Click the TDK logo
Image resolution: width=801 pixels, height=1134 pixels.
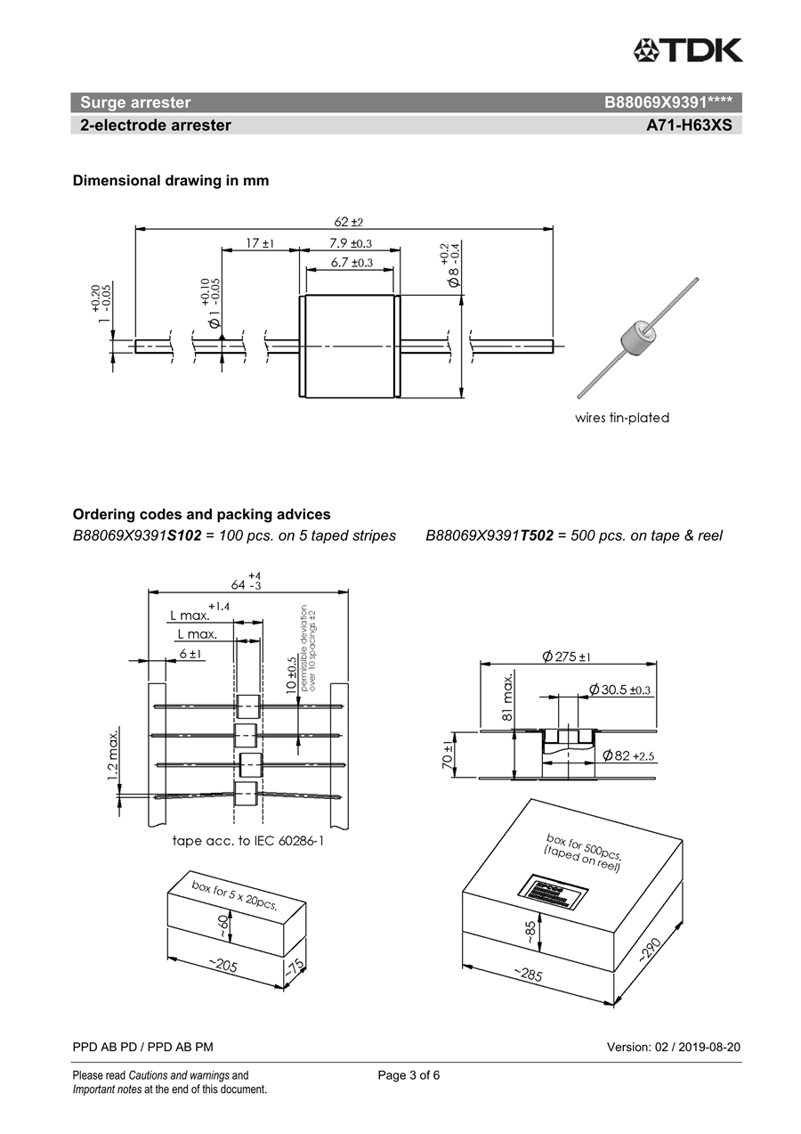(687, 50)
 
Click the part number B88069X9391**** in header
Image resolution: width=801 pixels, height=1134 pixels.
(667, 102)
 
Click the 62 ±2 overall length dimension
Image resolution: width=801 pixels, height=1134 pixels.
(349, 221)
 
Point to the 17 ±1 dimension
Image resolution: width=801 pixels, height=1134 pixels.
(260, 242)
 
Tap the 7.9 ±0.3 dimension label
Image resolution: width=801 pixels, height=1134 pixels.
(350, 242)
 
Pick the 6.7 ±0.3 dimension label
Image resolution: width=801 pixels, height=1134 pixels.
(351, 262)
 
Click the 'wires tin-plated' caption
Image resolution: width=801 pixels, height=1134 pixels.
(622, 417)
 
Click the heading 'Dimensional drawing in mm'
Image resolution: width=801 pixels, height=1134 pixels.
(171, 180)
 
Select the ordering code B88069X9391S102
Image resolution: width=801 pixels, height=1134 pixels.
(138, 535)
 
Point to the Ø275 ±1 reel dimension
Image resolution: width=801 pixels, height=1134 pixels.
(567, 657)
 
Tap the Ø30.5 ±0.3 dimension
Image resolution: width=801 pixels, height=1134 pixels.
(619, 689)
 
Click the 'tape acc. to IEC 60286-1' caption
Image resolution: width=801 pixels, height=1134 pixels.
(247, 840)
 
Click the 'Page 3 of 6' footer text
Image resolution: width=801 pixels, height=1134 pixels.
(409, 1074)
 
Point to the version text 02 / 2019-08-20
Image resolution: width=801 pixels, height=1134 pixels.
(673, 1047)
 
